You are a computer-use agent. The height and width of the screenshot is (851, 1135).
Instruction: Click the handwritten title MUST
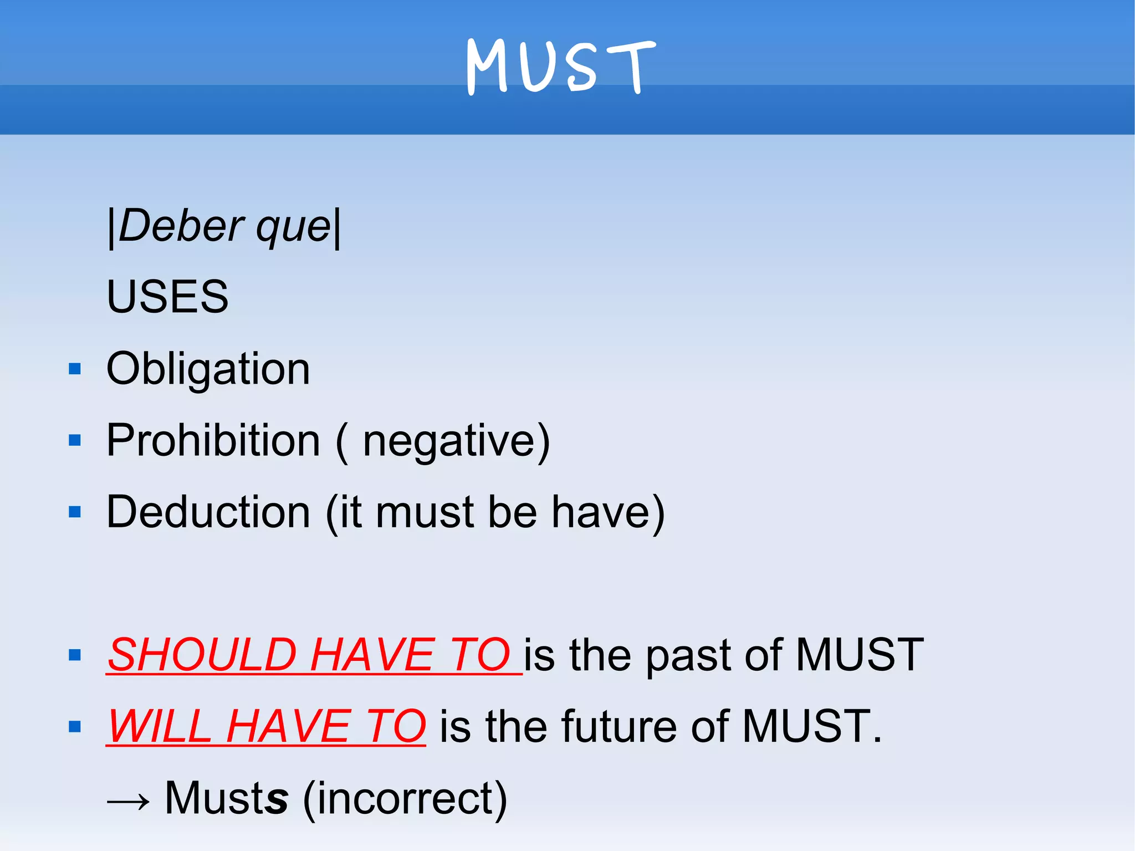(561, 67)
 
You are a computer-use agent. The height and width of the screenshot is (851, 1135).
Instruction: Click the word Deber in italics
(181, 226)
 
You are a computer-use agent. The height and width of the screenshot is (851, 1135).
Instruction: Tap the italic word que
(293, 227)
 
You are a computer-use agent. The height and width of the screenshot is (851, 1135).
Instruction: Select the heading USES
(167, 297)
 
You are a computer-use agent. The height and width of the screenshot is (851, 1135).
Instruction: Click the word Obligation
(208, 369)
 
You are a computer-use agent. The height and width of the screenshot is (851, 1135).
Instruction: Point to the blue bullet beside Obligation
(75, 369)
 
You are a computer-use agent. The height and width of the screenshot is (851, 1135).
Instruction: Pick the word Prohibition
(213, 440)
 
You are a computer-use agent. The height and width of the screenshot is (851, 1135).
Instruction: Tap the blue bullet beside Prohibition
(75, 440)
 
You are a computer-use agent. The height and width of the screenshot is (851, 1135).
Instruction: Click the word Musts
(227, 798)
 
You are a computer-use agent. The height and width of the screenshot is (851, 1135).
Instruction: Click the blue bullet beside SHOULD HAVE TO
(75, 655)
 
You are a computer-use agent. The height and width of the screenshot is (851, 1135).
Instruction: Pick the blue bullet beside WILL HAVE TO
(75, 726)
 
